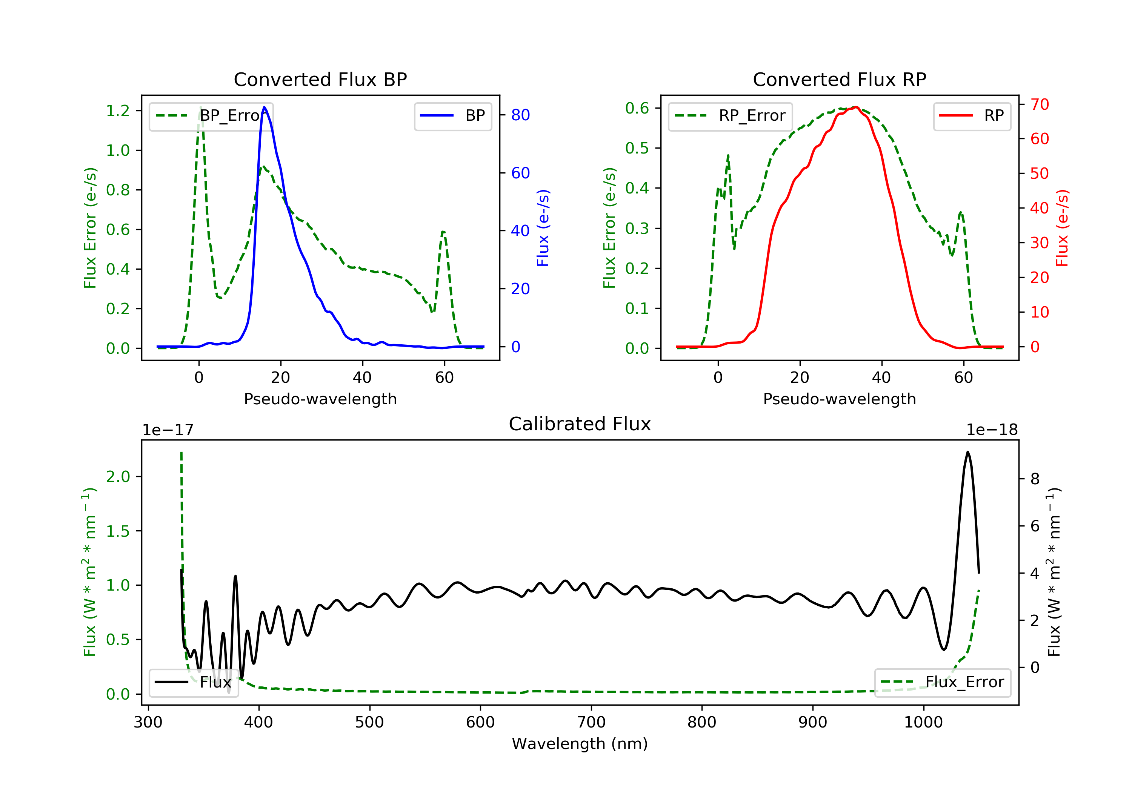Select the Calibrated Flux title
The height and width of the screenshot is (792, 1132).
pyautogui.click(x=580, y=424)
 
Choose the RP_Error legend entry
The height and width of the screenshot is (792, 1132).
pyautogui.click(x=730, y=116)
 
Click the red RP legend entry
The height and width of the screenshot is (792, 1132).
pyautogui.click(x=972, y=116)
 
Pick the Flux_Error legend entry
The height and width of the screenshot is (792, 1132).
pyautogui.click(x=942, y=682)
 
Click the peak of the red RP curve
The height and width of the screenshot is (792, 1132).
pyautogui.click(x=857, y=107)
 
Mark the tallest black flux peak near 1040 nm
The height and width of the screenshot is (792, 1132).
pyautogui.click(x=968, y=451)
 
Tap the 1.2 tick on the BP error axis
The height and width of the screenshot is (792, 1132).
pyautogui.click(x=118, y=111)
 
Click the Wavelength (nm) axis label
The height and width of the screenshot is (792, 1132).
pyautogui.click(x=580, y=744)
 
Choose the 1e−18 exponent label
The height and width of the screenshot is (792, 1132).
pyautogui.click(x=992, y=430)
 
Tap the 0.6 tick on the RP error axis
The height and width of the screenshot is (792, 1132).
pyautogui.click(x=637, y=108)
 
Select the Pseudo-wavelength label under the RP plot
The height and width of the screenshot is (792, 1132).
pyautogui.click(x=840, y=399)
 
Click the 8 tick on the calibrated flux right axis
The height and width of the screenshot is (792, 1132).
pyautogui.click(x=1035, y=479)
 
